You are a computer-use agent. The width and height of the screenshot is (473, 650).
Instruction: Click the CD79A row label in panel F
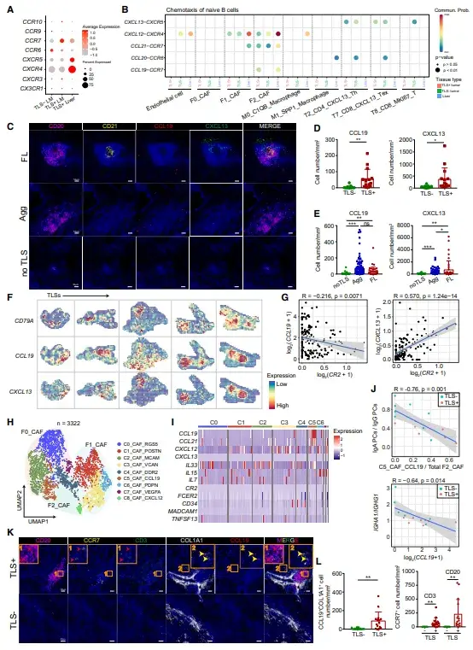click(x=25, y=322)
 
